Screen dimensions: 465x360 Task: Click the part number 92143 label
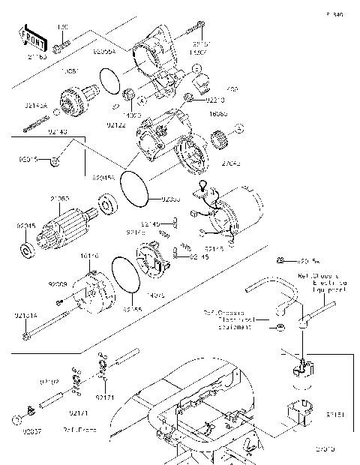point(58,132)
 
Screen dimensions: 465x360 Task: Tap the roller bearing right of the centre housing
point(220,138)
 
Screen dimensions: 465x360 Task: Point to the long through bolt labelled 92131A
point(52,330)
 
